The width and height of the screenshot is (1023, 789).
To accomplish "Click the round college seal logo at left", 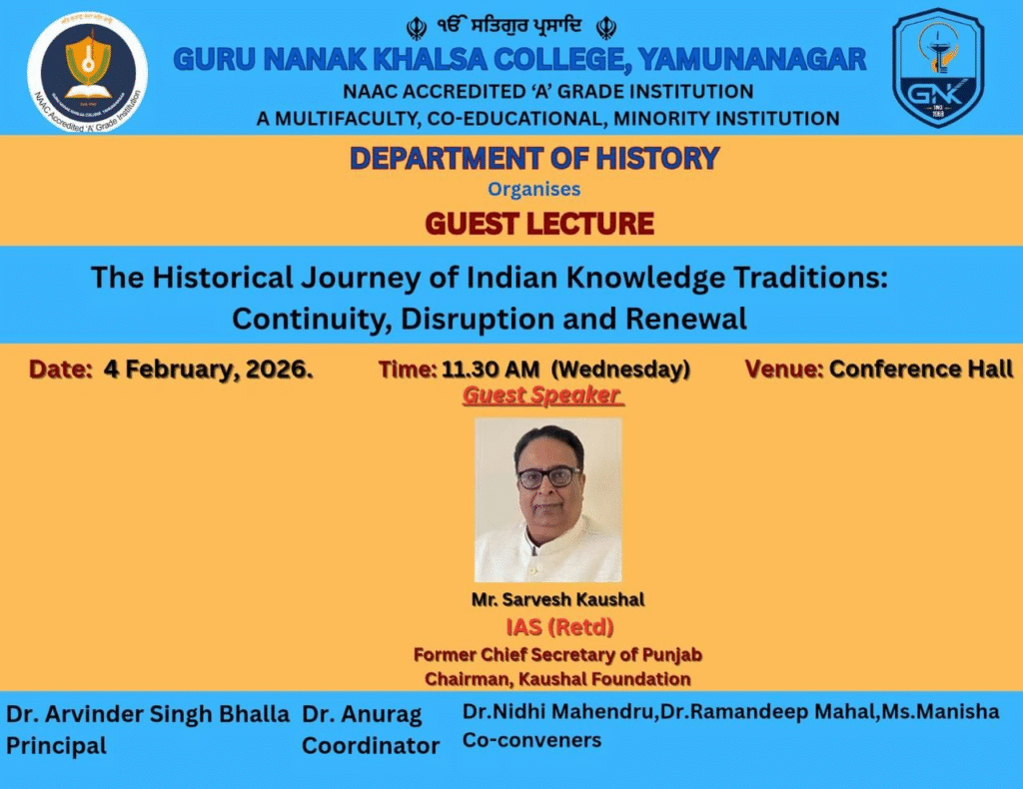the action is click(x=87, y=72).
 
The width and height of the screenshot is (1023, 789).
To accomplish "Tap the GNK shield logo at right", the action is click(x=938, y=67).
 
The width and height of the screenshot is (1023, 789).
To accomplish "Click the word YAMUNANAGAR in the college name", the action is click(x=752, y=59).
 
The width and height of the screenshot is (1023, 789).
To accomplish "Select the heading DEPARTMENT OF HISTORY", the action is click(x=534, y=159).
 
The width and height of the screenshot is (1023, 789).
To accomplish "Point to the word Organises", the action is click(x=533, y=189).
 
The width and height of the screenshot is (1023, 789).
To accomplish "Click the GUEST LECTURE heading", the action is click(x=538, y=224).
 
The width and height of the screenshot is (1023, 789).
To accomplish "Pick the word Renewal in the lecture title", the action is click(x=685, y=319).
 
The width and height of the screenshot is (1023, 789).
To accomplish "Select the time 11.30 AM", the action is click(x=491, y=370).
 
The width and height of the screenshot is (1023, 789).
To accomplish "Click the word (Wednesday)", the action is click(x=620, y=370).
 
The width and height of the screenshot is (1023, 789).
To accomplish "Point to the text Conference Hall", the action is click(x=921, y=370).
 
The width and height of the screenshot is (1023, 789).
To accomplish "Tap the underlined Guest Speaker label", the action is click(x=542, y=395).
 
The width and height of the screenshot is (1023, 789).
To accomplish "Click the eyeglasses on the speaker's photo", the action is click(x=548, y=478).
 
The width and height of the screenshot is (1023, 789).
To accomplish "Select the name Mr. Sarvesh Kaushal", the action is click(x=557, y=599).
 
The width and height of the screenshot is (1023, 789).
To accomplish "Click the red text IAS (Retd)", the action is click(x=559, y=627).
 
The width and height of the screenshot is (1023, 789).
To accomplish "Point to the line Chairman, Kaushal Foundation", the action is click(x=557, y=679).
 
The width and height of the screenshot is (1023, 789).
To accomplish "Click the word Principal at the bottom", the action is click(x=56, y=745).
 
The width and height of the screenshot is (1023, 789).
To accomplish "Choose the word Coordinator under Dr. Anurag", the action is click(x=371, y=745).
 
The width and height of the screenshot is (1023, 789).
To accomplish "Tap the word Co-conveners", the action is click(x=531, y=740).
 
